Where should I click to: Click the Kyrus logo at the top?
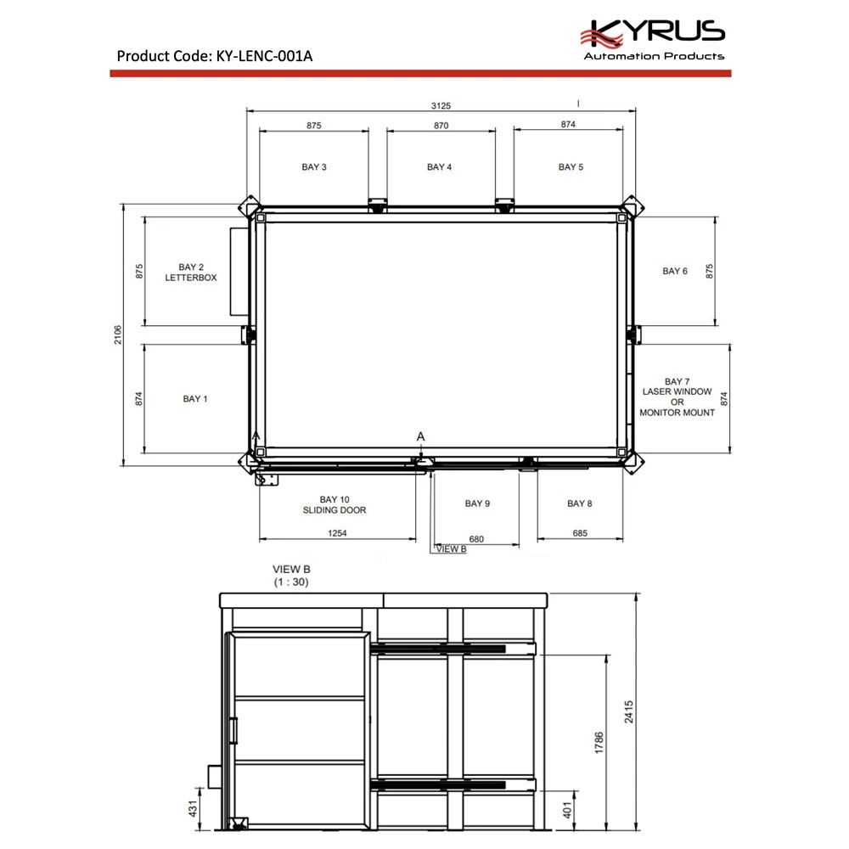click(652, 39)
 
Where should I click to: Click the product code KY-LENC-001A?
click(264, 56)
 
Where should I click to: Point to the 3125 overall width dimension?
click(441, 105)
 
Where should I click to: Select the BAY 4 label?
click(439, 166)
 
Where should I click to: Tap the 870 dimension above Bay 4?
click(441, 126)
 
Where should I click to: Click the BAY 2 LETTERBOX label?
click(190, 273)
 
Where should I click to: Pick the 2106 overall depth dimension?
click(118, 335)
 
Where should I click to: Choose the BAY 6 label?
click(675, 271)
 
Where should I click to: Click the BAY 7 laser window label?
click(677, 396)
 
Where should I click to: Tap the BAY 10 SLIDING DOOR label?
click(335, 504)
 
